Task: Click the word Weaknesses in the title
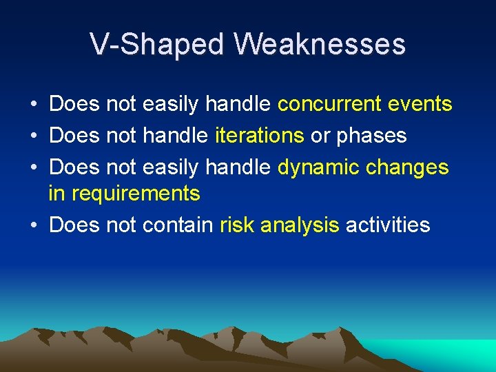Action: [320, 45]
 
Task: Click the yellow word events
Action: [420, 105]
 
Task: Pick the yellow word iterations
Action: [260, 136]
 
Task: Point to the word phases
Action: [371, 136]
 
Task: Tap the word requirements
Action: [136, 194]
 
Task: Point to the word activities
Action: [388, 225]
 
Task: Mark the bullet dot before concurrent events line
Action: [34, 105]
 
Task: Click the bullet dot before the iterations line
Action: [34, 136]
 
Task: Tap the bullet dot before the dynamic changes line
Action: [34, 168]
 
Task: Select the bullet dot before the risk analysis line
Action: [34, 226]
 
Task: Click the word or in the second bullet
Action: [320, 136]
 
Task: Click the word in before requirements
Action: [56, 194]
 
